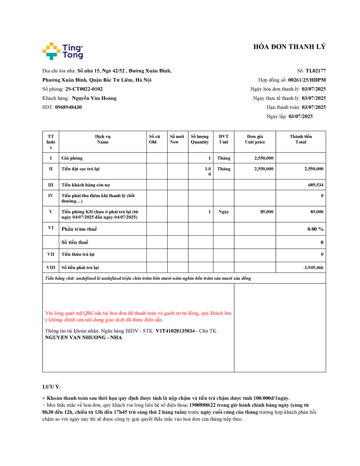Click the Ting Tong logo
pyautogui.click(x=63, y=51)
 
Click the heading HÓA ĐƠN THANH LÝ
pyautogui.click(x=289, y=47)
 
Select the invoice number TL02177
pyautogui.click(x=315, y=71)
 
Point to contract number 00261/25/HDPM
pyautogui.click(x=307, y=80)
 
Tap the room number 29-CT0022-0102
pyautogui.click(x=84, y=89)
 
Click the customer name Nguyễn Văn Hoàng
pyautogui.click(x=94, y=98)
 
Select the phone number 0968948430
pyautogui.click(x=68, y=107)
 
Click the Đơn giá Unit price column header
pyautogui.click(x=255, y=139)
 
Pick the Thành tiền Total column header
pyautogui.click(x=301, y=139)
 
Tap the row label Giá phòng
pyautogui.click(x=72, y=158)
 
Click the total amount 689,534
pyautogui.click(x=316, y=185)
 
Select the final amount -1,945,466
pyautogui.click(x=313, y=267)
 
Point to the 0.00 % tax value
pyautogui.click(x=315, y=229)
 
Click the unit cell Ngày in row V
pyautogui.click(x=224, y=212)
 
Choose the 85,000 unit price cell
pyautogui.click(x=267, y=212)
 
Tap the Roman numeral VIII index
pyautogui.click(x=51, y=267)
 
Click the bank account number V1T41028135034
pyautogui.click(x=175, y=331)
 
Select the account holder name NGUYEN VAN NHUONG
pyautogui.click(x=75, y=338)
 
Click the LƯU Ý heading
pyautogui.click(x=52, y=387)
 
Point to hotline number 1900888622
pyautogui.click(x=202, y=405)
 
